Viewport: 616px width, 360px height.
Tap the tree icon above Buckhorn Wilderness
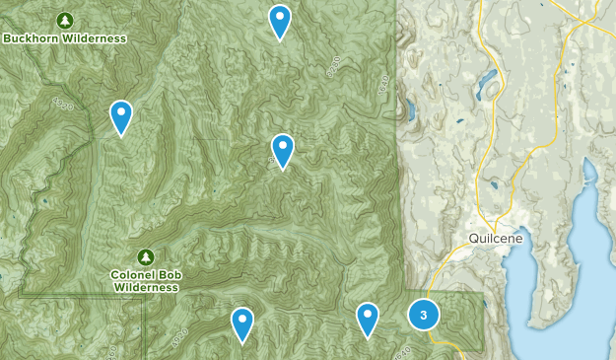65,20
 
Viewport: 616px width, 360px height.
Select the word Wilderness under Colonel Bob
146,287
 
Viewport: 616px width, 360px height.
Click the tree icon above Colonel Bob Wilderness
146,256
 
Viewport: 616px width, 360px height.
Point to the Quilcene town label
494,240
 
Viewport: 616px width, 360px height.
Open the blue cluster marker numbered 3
424,315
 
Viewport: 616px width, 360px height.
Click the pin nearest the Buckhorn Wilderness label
121,116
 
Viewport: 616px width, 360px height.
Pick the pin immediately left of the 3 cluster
368,319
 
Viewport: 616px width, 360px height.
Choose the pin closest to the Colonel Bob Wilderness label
242,324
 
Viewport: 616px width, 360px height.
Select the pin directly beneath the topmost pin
283,150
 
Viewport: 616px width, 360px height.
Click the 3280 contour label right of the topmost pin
333,66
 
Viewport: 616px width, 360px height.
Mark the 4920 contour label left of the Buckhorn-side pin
65,104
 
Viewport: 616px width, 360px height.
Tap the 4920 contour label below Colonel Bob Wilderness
178,333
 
